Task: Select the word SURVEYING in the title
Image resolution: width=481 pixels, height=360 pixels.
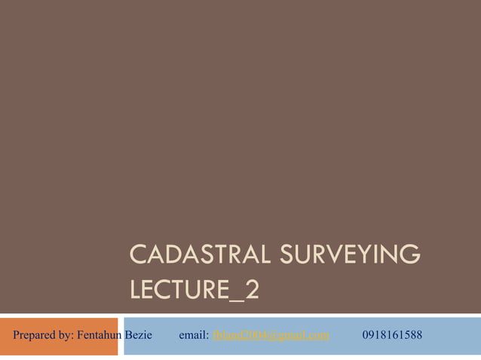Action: click(x=350, y=255)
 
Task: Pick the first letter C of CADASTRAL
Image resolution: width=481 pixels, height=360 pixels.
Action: click(x=138, y=255)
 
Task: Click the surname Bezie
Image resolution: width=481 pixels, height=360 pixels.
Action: click(x=139, y=334)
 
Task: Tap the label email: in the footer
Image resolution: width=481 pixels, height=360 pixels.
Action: click(x=194, y=334)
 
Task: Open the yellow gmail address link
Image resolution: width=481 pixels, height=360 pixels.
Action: click(x=271, y=334)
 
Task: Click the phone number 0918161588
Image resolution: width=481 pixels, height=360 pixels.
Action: click(x=392, y=334)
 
